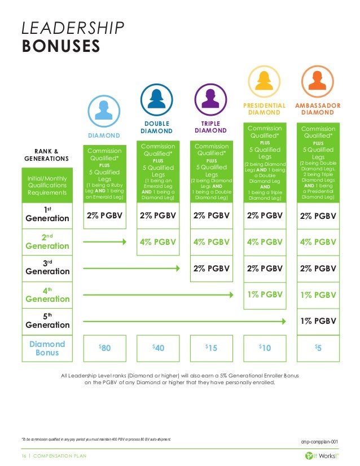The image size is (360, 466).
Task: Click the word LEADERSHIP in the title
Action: (x=73, y=28)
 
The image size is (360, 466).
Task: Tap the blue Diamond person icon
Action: (x=104, y=109)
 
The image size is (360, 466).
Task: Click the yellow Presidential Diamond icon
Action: (x=264, y=82)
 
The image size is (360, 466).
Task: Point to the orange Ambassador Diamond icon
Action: (x=317, y=82)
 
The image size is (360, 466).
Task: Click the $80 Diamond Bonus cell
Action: (x=104, y=348)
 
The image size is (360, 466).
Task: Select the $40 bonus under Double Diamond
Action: (x=157, y=348)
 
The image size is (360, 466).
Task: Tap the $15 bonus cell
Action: (x=210, y=348)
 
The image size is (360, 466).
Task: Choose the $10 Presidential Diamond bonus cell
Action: (x=264, y=348)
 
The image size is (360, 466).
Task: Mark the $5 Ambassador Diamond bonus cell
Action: (x=317, y=348)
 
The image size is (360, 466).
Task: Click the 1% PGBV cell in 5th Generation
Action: (x=318, y=321)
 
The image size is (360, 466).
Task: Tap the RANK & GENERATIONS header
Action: (x=47, y=155)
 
